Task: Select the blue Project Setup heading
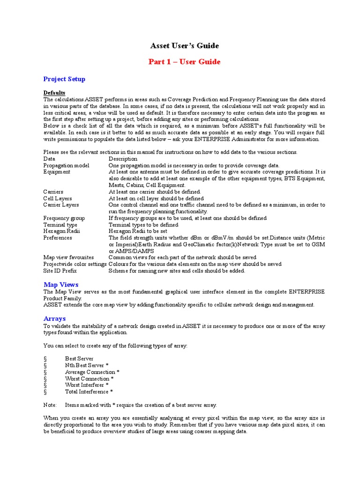pyautogui.click(x=64, y=79)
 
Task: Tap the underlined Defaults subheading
pyautogui.click(x=54, y=93)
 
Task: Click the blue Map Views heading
pyautogui.click(x=61, y=285)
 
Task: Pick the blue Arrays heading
pyautogui.click(x=54, y=319)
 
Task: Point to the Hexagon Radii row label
pyautogui.click(x=61, y=231)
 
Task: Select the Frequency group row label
pyautogui.click(x=64, y=218)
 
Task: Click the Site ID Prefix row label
pyautogui.click(x=60, y=270)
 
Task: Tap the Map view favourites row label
pyautogui.click(x=68, y=257)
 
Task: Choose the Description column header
pyautogui.click(x=123, y=159)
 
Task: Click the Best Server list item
pyautogui.click(x=79, y=359)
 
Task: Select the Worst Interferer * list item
pyautogui.click(x=87, y=385)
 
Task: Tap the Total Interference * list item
pyautogui.click(x=89, y=391)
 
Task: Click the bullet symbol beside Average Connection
pyautogui.click(x=45, y=372)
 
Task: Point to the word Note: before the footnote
pyautogui.click(x=50, y=405)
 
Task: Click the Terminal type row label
pyautogui.click(x=60, y=225)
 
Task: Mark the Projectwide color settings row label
pyautogui.click(x=75, y=264)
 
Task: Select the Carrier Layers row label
pyautogui.click(x=61, y=205)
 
